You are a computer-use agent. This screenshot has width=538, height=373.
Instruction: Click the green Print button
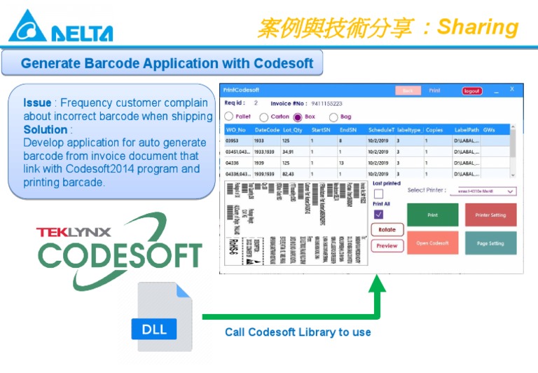pyautogui.click(x=432, y=215)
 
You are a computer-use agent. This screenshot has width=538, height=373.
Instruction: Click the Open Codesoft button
pyautogui.click(x=432, y=243)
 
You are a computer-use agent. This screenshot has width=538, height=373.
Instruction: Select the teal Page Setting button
pyautogui.click(x=490, y=243)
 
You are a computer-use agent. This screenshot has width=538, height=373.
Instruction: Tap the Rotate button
pyautogui.click(x=387, y=230)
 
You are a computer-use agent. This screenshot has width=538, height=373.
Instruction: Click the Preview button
pyautogui.click(x=387, y=246)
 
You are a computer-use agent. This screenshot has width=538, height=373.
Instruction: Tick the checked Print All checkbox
pyautogui.click(x=378, y=215)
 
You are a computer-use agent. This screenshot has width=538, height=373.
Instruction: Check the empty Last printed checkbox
pyautogui.click(x=378, y=194)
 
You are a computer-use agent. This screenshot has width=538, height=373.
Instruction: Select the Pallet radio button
pyautogui.click(x=229, y=117)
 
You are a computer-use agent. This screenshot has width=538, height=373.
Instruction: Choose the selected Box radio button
pyautogui.click(x=298, y=117)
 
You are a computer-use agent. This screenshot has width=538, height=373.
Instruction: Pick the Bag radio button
pyautogui.click(x=333, y=117)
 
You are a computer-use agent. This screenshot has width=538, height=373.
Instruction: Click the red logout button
pyautogui.click(x=472, y=91)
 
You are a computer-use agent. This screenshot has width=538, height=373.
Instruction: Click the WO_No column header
pyautogui.click(x=236, y=130)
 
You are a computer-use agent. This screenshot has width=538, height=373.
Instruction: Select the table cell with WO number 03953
pyautogui.click(x=233, y=140)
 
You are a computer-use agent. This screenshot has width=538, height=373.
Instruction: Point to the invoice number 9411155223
pyautogui.click(x=326, y=104)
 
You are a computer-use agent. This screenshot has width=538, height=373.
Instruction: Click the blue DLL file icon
pyautogui.click(x=164, y=317)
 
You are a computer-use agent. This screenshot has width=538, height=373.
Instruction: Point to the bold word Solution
pyautogui.click(x=46, y=130)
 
